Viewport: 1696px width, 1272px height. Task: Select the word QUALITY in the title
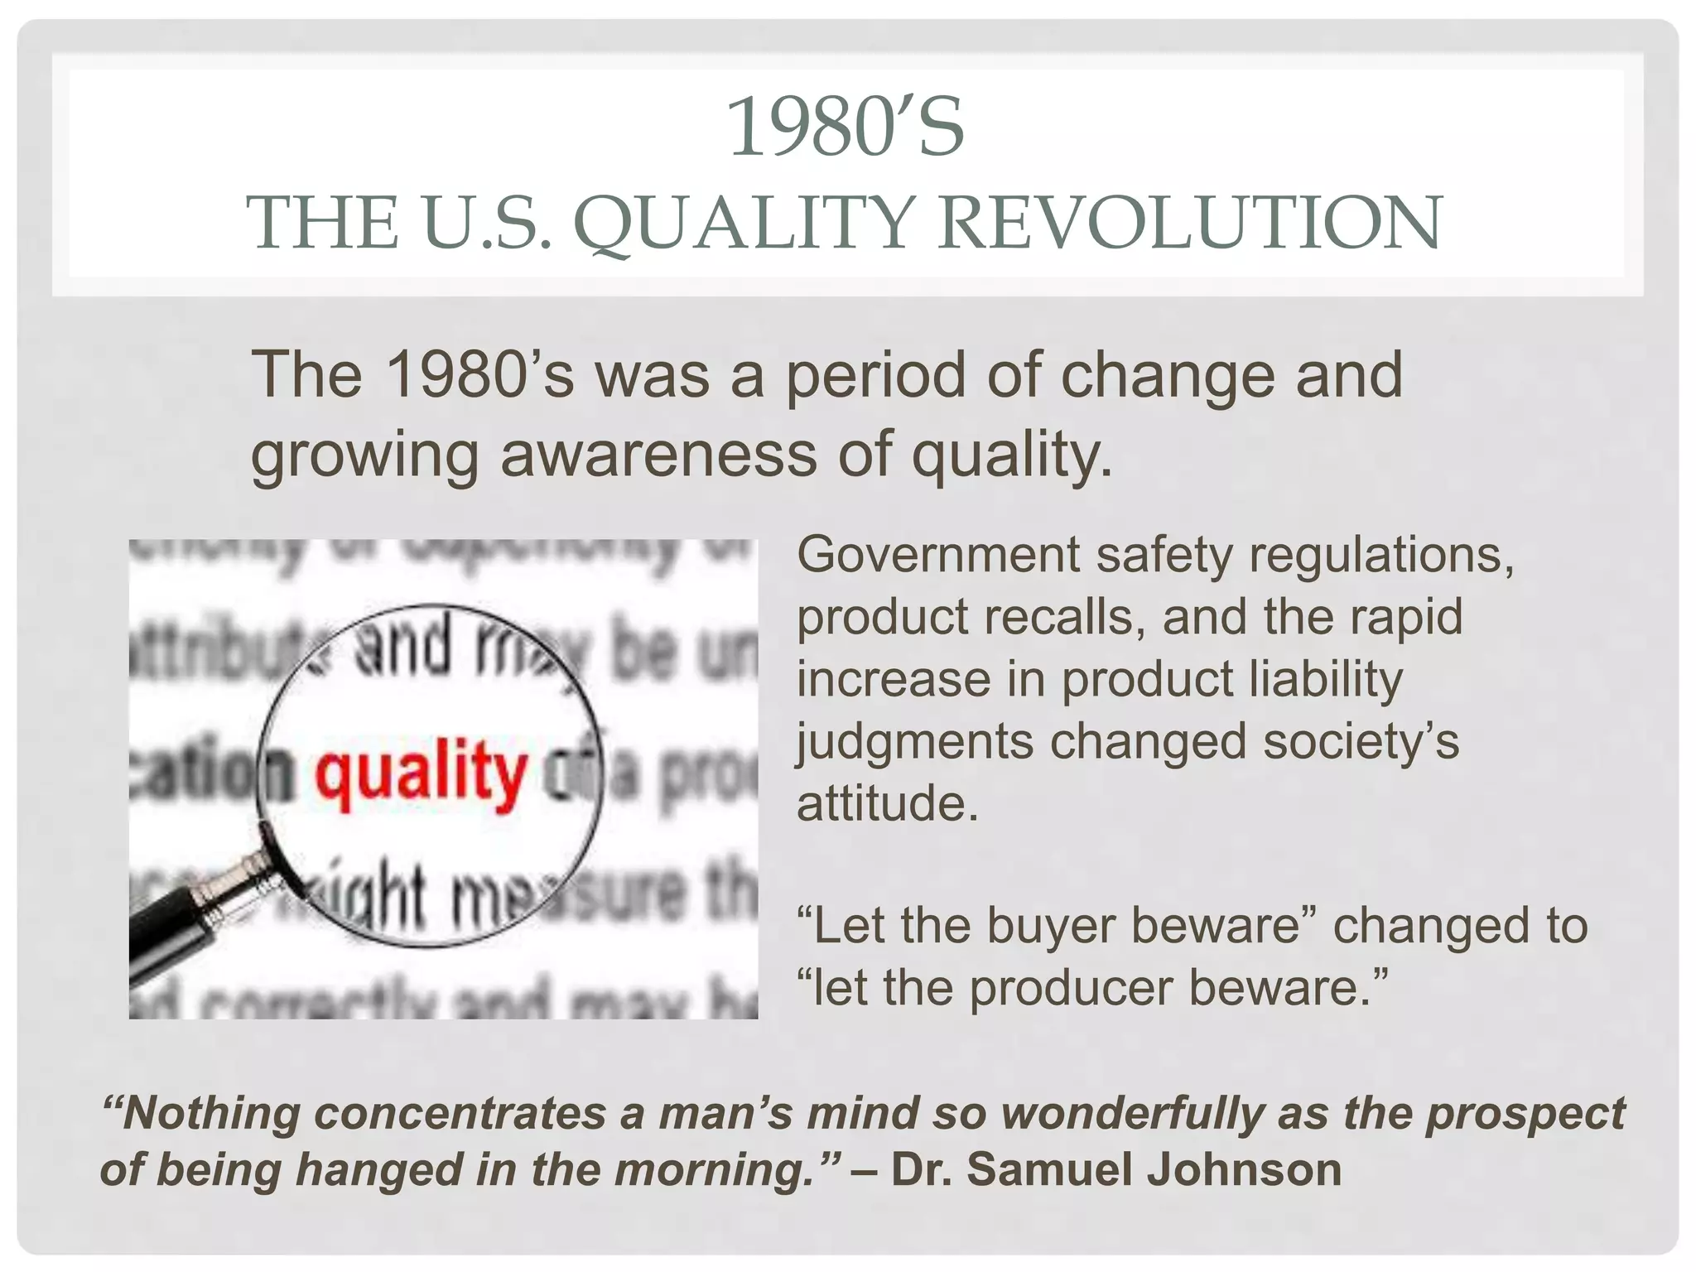point(745,224)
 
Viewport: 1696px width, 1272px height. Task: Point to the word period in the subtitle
point(874,375)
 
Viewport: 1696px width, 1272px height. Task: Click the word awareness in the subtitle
point(658,454)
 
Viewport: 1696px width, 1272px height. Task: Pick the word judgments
point(914,741)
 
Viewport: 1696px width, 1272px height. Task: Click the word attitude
point(885,802)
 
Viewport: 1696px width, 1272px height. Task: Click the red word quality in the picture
point(420,774)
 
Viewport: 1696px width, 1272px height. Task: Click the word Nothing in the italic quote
point(211,1112)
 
